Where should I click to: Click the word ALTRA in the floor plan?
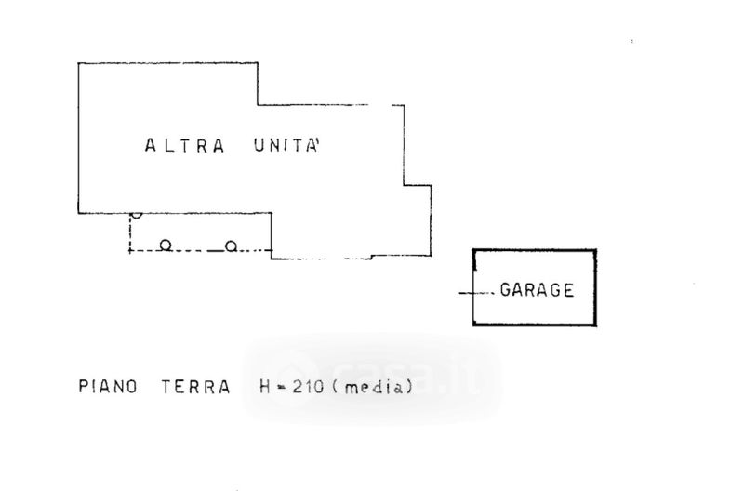click(185, 145)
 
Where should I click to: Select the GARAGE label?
click(537, 289)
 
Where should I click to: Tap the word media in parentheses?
click(370, 388)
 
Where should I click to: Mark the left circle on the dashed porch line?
click(165, 245)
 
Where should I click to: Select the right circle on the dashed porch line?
click(231, 245)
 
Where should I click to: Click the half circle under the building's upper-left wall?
click(137, 215)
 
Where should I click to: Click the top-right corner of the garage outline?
click(595, 249)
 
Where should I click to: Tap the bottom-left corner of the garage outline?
click(474, 325)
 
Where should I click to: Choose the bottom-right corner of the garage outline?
click(595, 325)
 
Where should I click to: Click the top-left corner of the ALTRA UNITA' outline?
click(78, 62)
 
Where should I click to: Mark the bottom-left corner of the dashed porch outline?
click(129, 252)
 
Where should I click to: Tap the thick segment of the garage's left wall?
click(474, 265)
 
